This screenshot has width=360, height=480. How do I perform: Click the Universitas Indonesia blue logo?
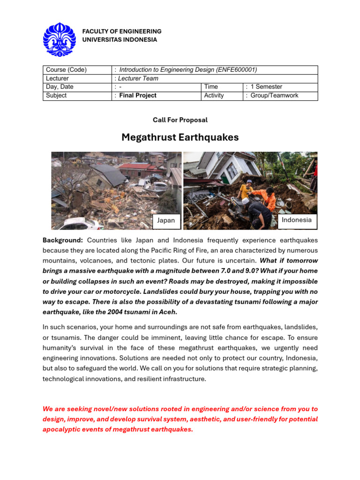pos(60,39)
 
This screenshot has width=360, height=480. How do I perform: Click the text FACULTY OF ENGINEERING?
pos(122,31)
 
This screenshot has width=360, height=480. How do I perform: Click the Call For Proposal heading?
pos(180,120)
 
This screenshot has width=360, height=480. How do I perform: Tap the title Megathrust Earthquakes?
pos(180,137)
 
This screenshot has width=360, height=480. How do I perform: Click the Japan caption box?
pos(166,220)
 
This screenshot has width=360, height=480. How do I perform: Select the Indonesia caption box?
pos(296,220)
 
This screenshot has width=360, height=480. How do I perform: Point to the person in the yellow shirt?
pos(246,189)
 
